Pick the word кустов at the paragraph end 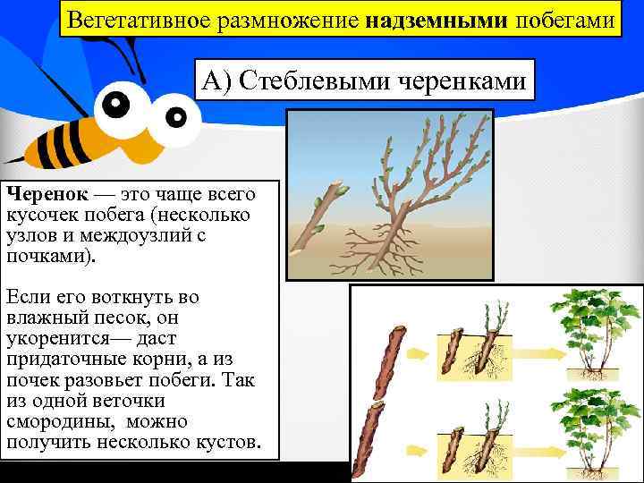(x=227, y=442)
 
